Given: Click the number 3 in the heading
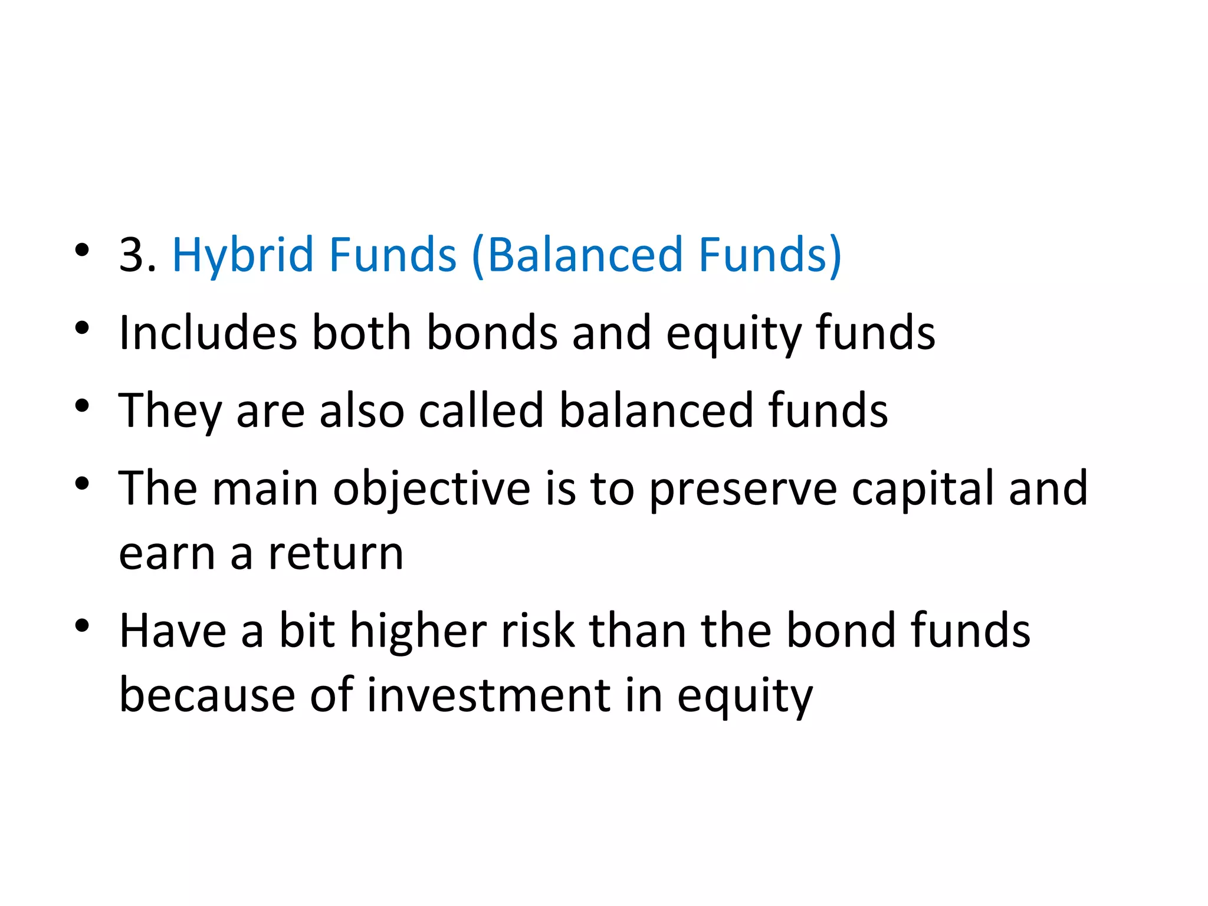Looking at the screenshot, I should pos(132,255).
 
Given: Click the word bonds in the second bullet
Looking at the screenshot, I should pos(492,333).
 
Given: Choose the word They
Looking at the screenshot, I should pos(170,412).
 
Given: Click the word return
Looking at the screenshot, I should pos(336,554).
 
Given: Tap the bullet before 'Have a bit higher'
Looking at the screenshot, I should pos(82,625).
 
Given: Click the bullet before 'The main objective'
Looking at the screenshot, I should pos(82,483).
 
